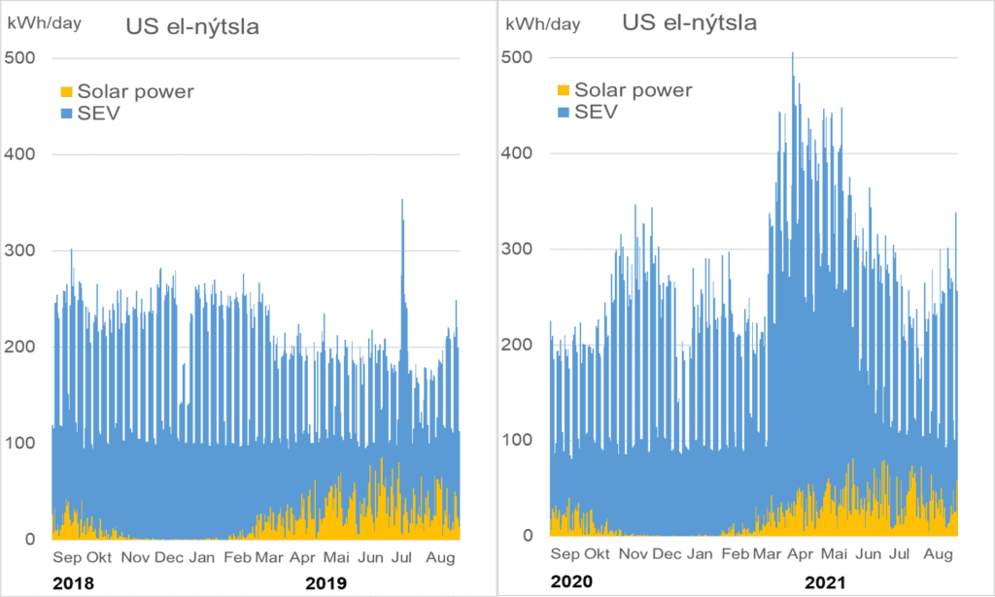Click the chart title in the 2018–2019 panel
(x=192, y=26)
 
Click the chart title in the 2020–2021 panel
(x=689, y=23)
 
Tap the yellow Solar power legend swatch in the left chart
(x=67, y=92)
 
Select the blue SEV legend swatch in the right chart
(x=564, y=113)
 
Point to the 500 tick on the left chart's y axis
(x=19, y=57)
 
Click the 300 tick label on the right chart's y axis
(x=517, y=249)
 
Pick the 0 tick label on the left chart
(x=30, y=540)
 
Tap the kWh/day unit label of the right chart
(x=543, y=24)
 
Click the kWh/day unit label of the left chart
(x=45, y=23)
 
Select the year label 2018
(x=73, y=583)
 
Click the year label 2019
(x=326, y=583)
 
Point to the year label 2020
(x=571, y=581)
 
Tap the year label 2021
(x=826, y=581)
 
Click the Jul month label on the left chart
(x=401, y=558)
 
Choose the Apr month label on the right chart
(x=801, y=554)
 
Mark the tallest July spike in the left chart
(x=402, y=200)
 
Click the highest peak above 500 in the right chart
(x=793, y=53)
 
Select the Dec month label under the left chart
(x=169, y=558)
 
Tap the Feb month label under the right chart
(x=736, y=554)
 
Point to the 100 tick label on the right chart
(x=517, y=440)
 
